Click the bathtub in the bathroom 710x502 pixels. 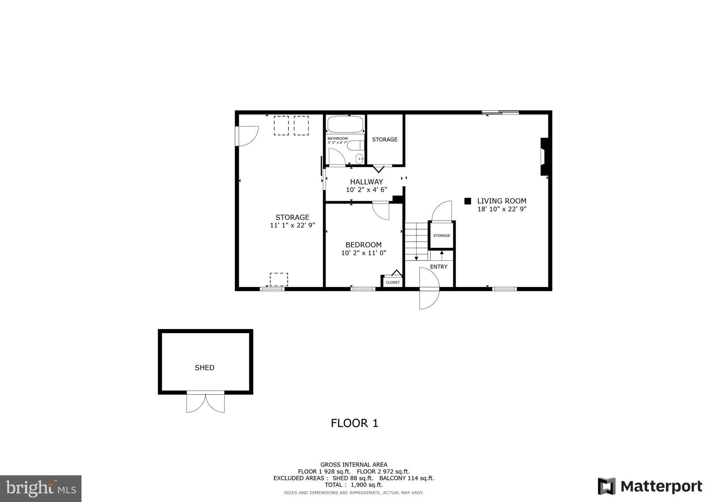pyautogui.click(x=345, y=124)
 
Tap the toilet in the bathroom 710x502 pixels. pyautogui.click(x=355, y=145)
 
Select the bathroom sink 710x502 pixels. pyautogui.click(x=360, y=159)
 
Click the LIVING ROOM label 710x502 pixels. pyautogui.click(x=501, y=201)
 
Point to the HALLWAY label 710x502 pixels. pyautogui.click(x=366, y=182)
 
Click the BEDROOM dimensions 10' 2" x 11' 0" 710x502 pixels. pyautogui.click(x=363, y=253)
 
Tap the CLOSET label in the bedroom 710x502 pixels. pyautogui.click(x=392, y=282)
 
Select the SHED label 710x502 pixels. pyautogui.click(x=205, y=367)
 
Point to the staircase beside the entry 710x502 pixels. pyautogui.click(x=417, y=241)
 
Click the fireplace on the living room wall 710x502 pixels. pyautogui.click(x=544, y=157)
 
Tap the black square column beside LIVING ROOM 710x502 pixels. pyautogui.click(x=468, y=201)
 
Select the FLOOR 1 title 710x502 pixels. pyautogui.click(x=354, y=423)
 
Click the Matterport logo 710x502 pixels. pyautogui.click(x=650, y=486)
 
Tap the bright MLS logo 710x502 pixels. pyautogui.click(x=41, y=488)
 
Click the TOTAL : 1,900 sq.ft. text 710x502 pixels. pyautogui.click(x=353, y=485)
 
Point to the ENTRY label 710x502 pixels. pyautogui.click(x=439, y=267)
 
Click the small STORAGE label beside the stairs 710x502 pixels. pyautogui.click(x=441, y=235)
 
